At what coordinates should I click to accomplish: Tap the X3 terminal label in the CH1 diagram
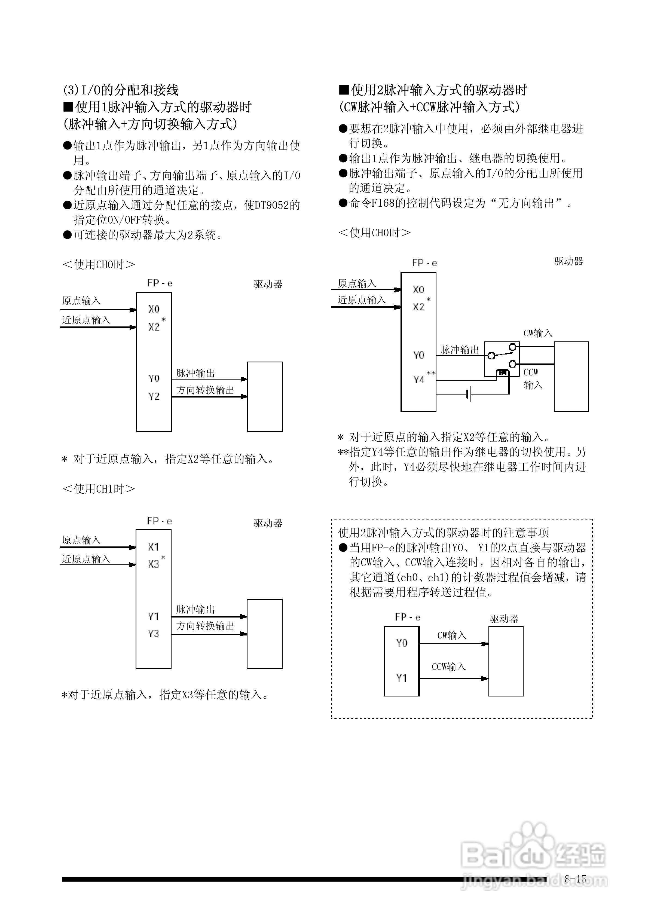(x=153, y=564)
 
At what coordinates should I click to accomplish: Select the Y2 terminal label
(x=154, y=396)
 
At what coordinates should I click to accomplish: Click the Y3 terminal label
(x=153, y=634)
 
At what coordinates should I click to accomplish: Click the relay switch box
(x=502, y=359)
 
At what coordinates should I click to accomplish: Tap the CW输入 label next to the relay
(x=538, y=333)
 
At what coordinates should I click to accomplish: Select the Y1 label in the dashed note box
(x=402, y=678)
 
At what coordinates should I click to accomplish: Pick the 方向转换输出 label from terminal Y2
(x=205, y=390)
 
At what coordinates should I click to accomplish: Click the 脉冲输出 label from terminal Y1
(x=195, y=609)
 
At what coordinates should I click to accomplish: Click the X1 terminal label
(x=153, y=547)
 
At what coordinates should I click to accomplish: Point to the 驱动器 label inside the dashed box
(x=504, y=619)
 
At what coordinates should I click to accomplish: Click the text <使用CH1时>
(x=99, y=488)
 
